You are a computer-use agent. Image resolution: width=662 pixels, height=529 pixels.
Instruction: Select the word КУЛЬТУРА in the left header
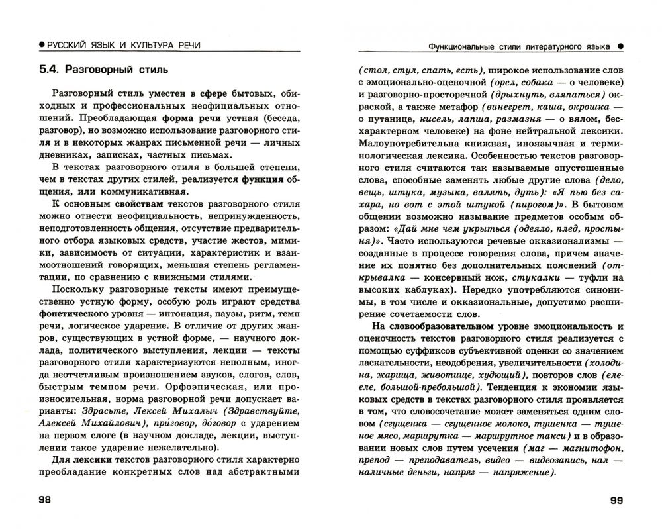click(x=148, y=44)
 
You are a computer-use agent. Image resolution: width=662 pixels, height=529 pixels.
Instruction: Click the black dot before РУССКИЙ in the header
click(x=42, y=44)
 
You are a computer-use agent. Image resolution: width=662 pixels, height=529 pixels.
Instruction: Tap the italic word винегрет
click(x=516, y=107)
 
